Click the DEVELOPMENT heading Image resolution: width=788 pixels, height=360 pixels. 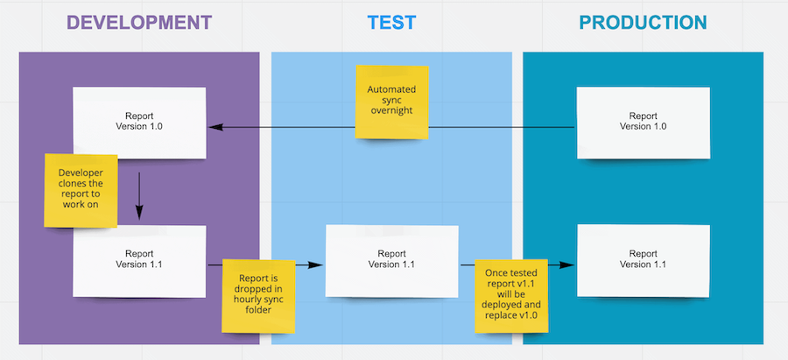[x=139, y=22]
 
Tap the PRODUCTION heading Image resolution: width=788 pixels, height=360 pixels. [x=643, y=22]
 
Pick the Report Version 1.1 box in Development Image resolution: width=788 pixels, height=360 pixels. [x=139, y=259]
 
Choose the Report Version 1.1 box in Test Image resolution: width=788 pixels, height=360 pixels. [x=391, y=259]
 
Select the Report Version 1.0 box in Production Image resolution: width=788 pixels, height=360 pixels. [x=643, y=121]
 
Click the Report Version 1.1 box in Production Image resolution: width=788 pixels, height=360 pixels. [x=643, y=259]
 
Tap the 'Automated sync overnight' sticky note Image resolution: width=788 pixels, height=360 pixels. [x=391, y=102]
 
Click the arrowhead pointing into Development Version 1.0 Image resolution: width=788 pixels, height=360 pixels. [x=214, y=127]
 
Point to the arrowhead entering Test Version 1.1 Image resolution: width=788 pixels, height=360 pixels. [x=318, y=264]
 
